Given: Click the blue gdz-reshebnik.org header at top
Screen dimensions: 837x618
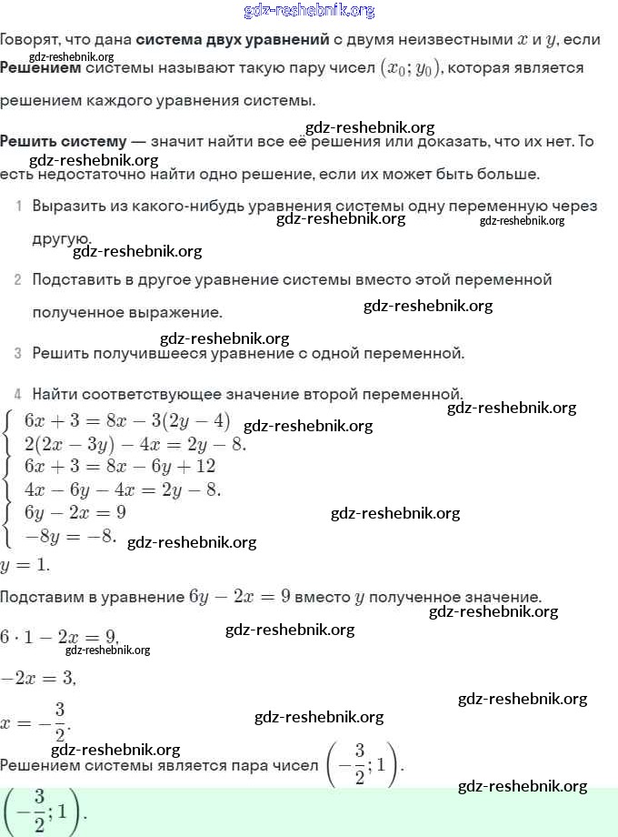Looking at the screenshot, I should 309,11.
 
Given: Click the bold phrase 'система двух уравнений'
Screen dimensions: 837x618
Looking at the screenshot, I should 232,40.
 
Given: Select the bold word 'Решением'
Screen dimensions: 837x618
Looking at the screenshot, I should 40,68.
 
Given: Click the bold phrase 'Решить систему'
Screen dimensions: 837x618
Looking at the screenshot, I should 63,141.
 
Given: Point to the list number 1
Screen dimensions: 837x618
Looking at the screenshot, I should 18,207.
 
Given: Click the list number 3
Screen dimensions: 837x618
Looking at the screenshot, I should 18,353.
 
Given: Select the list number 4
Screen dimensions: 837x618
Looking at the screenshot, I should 18,395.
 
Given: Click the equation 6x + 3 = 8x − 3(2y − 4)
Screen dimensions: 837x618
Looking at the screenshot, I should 127,420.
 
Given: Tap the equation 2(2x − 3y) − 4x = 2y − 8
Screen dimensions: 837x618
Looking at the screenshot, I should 135,445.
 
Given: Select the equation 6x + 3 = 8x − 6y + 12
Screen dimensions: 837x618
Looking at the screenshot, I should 119,467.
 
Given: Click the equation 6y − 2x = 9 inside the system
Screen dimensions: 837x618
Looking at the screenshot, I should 75,513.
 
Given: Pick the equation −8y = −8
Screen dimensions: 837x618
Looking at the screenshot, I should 70,536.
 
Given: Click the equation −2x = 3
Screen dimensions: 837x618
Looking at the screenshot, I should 38,678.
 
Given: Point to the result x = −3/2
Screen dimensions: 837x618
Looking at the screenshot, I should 35,720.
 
